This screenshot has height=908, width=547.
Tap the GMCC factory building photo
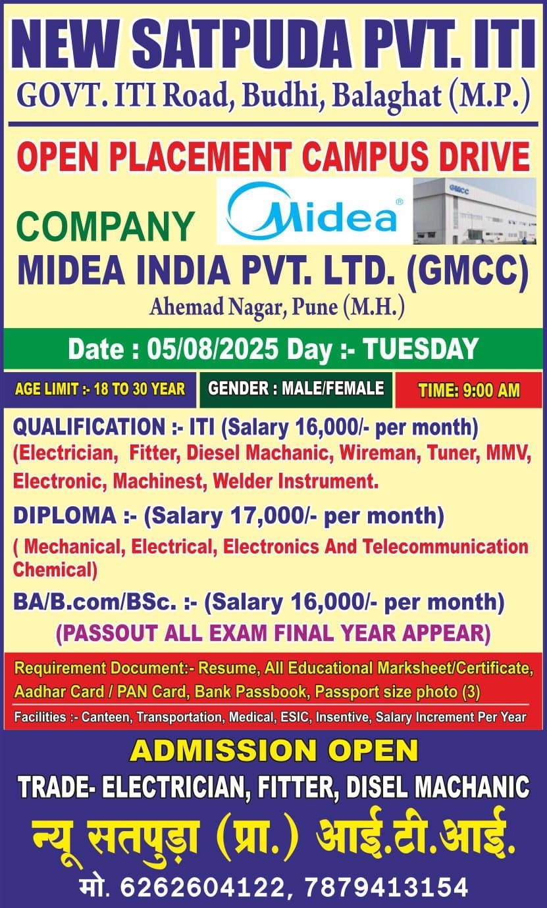point(475,211)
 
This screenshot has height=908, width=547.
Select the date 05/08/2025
point(213,349)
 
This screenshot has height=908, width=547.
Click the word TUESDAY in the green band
point(421,349)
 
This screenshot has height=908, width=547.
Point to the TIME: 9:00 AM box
point(469,390)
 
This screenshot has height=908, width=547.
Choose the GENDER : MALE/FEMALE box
point(296,389)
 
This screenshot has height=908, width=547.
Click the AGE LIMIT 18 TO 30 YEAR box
point(100,389)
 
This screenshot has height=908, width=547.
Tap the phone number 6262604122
point(203,886)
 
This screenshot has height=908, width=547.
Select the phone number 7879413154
point(387,886)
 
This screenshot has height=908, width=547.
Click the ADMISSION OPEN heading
point(274,750)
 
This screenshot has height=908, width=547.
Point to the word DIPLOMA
point(65,515)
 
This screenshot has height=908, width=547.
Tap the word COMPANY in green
point(105,226)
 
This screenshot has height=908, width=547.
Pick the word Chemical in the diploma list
point(55,569)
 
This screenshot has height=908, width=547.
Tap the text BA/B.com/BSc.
point(95,602)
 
